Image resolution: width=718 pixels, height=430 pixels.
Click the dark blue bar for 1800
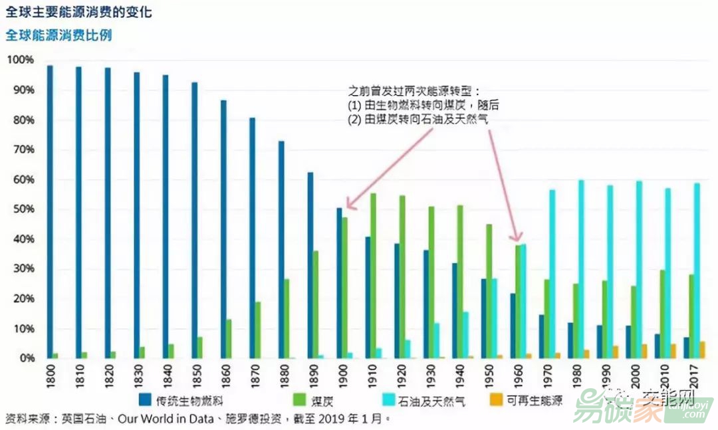coord(50,211)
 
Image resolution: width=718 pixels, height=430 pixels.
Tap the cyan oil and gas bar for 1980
coord(581,269)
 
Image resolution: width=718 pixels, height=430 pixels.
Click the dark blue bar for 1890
coord(310,265)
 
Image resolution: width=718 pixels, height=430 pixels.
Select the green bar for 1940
coord(460,282)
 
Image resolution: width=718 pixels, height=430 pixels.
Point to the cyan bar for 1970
coord(552,274)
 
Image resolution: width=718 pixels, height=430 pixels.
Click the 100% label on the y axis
coord(19,60)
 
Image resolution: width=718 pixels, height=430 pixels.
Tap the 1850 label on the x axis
coord(195,375)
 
